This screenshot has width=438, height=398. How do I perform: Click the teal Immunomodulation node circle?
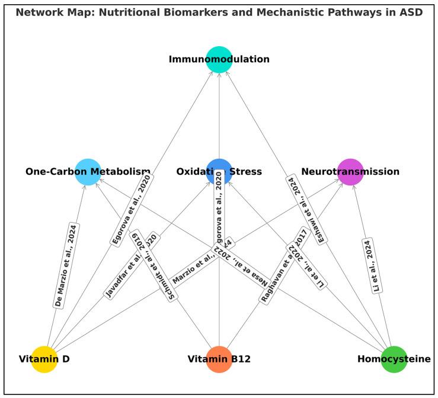coord(219,59)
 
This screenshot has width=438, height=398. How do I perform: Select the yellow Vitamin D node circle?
coord(44,359)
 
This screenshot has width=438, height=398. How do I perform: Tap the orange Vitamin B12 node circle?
coord(219,359)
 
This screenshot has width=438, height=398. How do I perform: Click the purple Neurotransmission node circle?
coord(350,172)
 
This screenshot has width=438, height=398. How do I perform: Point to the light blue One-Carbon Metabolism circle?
coord(88,172)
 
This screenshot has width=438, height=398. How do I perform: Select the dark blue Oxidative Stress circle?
coord(219,172)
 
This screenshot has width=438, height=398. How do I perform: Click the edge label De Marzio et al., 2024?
coord(66,265)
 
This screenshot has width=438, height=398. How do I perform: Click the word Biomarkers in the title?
coord(175,12)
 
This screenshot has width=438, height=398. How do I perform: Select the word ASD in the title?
coord(410,12)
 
